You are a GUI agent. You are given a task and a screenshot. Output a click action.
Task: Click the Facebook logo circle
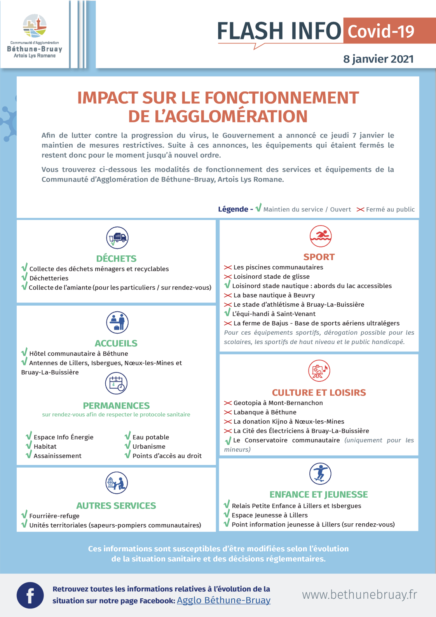pos(30,595)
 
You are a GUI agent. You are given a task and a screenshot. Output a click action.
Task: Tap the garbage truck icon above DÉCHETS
pos(117,238)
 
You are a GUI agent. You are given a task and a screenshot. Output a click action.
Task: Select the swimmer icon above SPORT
pos(320,236)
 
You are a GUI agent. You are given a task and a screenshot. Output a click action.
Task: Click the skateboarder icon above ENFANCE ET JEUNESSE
pos(320,474)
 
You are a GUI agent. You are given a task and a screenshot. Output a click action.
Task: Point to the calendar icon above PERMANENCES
pos(116,383)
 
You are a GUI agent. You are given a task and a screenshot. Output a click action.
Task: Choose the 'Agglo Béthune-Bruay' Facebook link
pos(223,600)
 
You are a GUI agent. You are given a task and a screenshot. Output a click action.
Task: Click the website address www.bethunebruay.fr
pos(359,594)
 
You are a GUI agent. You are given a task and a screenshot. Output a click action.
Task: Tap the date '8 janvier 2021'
pos(378,59)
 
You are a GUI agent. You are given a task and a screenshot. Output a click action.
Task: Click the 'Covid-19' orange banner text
pos(381,31)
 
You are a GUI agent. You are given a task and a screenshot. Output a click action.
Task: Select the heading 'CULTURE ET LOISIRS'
pos(319,393)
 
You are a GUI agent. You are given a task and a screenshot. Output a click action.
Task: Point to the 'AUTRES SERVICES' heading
pos(116,505)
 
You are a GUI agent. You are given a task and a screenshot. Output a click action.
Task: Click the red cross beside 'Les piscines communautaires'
pos(228,267)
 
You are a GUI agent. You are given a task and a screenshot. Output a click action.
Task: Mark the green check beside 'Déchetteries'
pos(24,277)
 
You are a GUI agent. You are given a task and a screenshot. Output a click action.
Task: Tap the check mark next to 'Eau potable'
pos(127,436)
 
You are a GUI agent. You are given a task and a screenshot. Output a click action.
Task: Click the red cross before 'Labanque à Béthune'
pos(228,412)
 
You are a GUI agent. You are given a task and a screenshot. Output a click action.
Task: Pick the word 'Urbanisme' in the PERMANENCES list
pos(149,447)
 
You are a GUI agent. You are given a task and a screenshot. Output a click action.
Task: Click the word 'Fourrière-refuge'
pos(54,516)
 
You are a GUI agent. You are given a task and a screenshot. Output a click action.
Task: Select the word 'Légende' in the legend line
pos(233,209)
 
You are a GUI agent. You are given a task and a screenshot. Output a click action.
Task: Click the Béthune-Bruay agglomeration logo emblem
pos(35,26)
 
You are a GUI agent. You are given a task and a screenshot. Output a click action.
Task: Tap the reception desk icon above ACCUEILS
pos(117,322)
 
